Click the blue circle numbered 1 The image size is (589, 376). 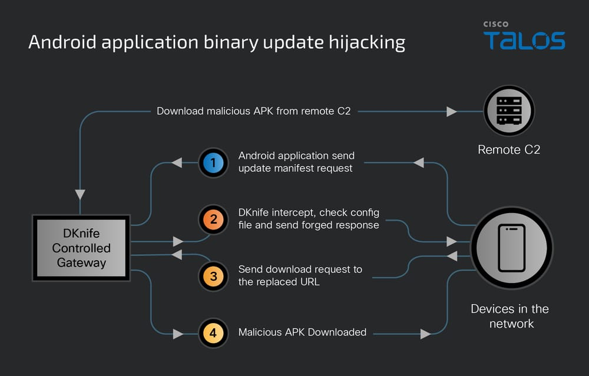coord(213,163)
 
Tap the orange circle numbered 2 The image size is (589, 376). coord(213,220)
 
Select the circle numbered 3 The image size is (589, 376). coord(213,276)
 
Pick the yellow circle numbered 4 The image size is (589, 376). coord(213,332)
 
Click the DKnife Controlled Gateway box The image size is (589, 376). coord(81,248)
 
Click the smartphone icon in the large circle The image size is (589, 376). coord(511,248)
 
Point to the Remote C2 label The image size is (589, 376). coord(509,149)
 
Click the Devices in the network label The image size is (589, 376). coord(509,316)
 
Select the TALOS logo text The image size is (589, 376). coord(524,41)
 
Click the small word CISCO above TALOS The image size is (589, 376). coord(497,24)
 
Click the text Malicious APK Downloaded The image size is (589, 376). coord(302,332)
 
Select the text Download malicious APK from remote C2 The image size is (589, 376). coord(253,111)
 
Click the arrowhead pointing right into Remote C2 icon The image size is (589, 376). coord(452,111)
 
